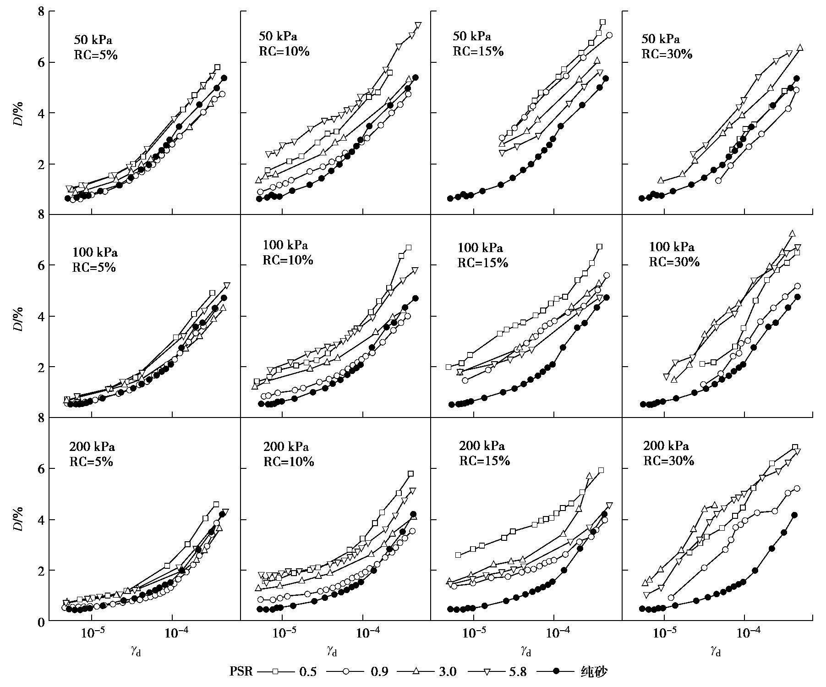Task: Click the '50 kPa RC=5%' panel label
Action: point(95,47)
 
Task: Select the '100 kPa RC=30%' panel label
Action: point(673,254)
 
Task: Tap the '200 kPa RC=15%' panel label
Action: point(484,453)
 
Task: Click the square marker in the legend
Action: point(275,671)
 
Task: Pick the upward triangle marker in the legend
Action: point(416,671)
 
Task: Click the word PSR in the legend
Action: point(241,672)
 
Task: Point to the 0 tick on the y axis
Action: point(41,621)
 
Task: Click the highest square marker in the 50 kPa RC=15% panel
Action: point(602,22)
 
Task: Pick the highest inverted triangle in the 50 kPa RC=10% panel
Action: point(418,25)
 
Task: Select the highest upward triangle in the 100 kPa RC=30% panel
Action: point(792,233)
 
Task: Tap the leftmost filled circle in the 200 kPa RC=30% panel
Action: point(642,609)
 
